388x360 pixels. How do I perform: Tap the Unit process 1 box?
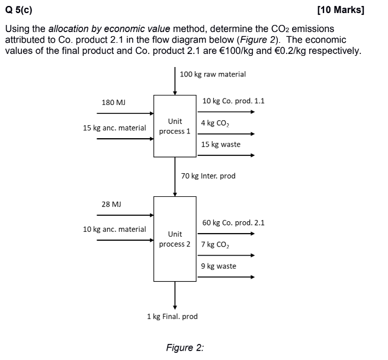coord(175,126)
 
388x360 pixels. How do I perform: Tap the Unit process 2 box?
coord(175,238)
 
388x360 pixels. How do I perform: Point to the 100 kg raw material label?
coord(212,74)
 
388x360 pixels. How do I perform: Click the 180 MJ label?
coord(114,103)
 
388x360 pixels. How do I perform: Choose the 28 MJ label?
coord(111,204)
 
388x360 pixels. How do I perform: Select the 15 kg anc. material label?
coord(114,128)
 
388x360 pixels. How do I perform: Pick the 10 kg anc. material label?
coord(114,230)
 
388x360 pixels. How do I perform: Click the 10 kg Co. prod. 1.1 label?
coord(233,101)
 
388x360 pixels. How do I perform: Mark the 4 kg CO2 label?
coord(215,123)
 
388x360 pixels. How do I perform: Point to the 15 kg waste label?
coord(220,145)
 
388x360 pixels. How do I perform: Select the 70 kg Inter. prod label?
coord(209,176)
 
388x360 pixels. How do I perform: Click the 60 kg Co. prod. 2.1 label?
coord(233,223)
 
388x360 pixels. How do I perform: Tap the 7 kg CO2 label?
coord(215,244)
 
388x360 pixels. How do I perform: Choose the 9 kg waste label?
coord(218,266)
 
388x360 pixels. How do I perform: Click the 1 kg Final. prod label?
coord(172,317)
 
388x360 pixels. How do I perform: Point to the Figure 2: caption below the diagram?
coord(185,348)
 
